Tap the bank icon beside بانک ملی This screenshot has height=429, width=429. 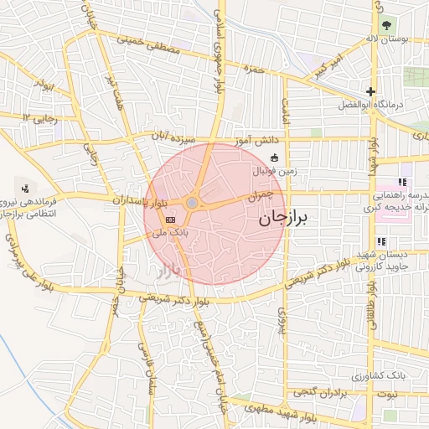click(x=171, y=220)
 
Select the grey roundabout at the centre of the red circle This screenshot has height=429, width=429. click(x=193, y=203)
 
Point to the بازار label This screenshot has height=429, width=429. click(x=168, y=270)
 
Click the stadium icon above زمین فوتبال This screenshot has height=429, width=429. click(x=274, y=158)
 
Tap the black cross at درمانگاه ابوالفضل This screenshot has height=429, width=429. click(x=370, y=91)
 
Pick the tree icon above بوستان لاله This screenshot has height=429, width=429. click(x=386, y=24)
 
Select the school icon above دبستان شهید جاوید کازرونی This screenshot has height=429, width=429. click(x=382, y=242)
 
